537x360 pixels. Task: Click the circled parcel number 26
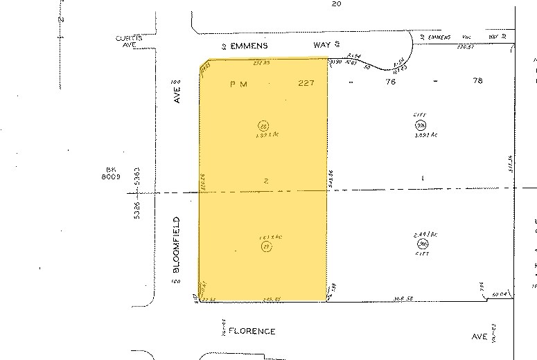[263, 126]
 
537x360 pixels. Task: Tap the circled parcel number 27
[266, 247]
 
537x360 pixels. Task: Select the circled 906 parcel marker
[421, 125]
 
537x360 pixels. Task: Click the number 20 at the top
[337, 4]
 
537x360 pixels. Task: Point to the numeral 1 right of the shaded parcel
[422, 179]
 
